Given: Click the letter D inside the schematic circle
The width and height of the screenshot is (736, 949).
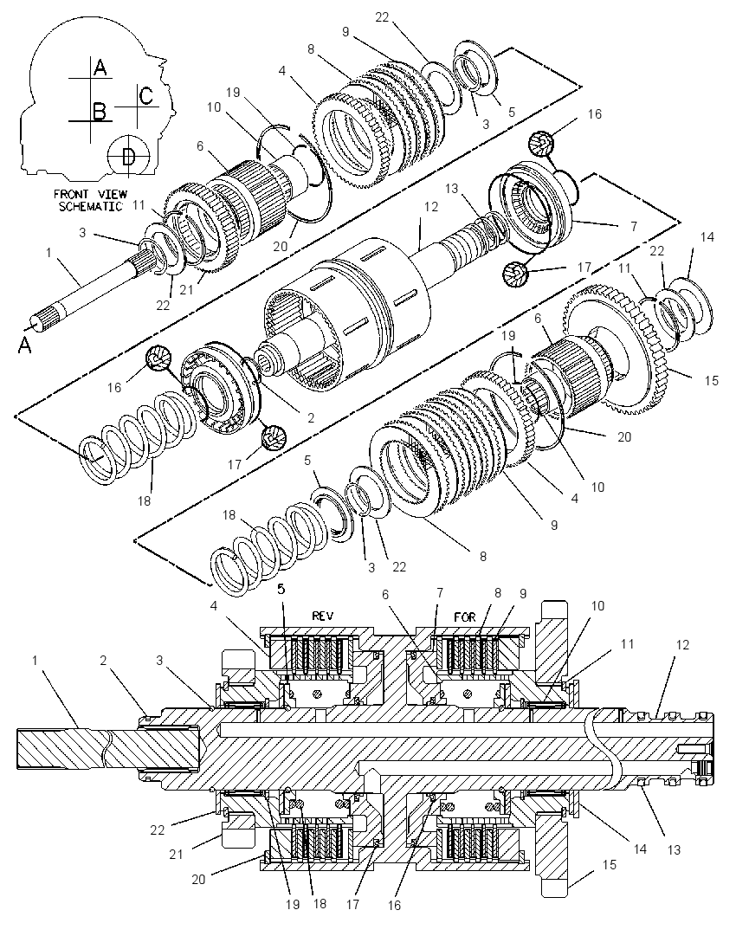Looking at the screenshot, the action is coord(127,157).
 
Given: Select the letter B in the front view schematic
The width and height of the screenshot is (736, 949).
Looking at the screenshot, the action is coord(100,112).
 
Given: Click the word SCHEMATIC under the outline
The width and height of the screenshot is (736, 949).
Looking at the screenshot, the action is coord(90,206).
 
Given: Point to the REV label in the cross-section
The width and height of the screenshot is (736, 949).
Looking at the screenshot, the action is coord(323,617).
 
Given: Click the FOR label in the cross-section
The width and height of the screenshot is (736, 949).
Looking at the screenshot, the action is coord(464,617).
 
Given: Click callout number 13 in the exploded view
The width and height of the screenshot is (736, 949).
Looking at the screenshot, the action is coord(451,189).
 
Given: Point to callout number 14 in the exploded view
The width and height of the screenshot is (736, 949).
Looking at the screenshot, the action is coord(707,237).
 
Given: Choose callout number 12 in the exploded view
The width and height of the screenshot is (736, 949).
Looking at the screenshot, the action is coord(430,207).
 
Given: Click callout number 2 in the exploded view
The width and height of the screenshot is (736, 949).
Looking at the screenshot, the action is coord(311,418).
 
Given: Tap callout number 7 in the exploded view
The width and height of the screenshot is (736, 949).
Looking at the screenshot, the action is coord(634,226).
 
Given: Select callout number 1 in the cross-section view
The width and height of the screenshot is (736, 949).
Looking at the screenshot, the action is coord(36,660).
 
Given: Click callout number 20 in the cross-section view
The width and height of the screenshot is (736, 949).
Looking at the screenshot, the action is coord(198,880).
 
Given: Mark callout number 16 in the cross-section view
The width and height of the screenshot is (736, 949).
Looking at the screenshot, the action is coord(394,906).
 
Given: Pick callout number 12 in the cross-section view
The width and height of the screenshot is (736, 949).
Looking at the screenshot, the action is coord(682,645).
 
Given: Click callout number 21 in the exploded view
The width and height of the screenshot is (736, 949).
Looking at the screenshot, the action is coord(186,290).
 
